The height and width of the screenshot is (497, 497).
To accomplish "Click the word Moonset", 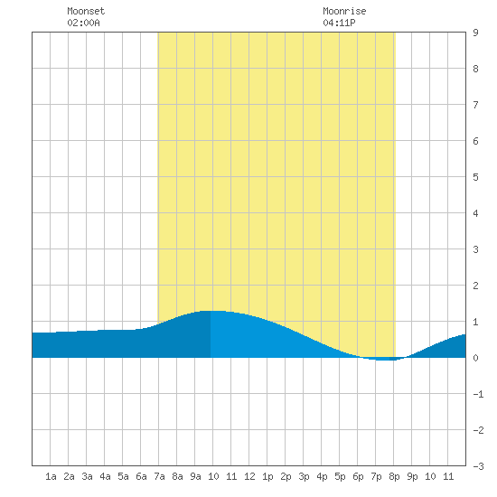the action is [x=86, y=11].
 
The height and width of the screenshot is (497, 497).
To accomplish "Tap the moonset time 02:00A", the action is [x=83, y=23].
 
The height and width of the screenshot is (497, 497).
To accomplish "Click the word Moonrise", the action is [x=344, y=11].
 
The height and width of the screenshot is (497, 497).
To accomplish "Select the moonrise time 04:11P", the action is [x=339, y=23].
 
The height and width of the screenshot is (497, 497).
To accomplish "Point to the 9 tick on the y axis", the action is [x=475, y=33].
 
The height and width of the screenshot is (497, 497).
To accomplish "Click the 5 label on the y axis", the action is [x=475, y=177].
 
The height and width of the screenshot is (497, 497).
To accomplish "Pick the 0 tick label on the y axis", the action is [x=475, y=358].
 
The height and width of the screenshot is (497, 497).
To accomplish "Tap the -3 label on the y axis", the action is [x=478, y=466].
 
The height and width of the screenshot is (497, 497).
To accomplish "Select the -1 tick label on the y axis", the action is [x=478, y=394].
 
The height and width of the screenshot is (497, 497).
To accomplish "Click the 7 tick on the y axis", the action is [x=475, y=105].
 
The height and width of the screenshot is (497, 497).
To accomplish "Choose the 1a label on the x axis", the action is [x=51, y=476].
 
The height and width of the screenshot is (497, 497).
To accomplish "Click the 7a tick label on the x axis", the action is [x=159, y=476].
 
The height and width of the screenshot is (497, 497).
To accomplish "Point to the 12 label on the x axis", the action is [x=249, y=476].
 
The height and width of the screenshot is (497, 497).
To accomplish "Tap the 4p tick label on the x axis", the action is [x=322, y=476].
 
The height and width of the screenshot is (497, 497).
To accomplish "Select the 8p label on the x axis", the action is [x=394, y=476].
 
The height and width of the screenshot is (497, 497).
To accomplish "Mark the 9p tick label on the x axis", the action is [x=412, y=476].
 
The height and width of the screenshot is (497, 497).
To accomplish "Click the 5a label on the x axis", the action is [x=123, y=476].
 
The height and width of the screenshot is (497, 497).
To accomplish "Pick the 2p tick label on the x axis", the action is [x=286, y=476].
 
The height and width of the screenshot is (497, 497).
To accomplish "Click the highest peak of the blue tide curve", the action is [x=211, y=311].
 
